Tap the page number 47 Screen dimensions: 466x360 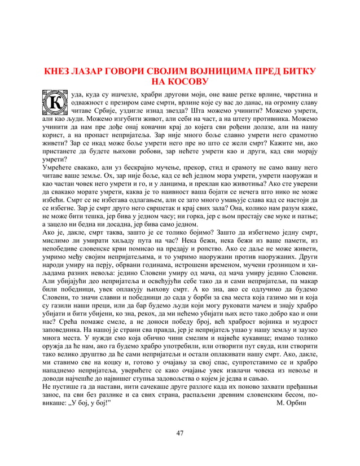[x=179, y=433]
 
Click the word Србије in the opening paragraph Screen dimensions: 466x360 [x=102, y=112]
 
